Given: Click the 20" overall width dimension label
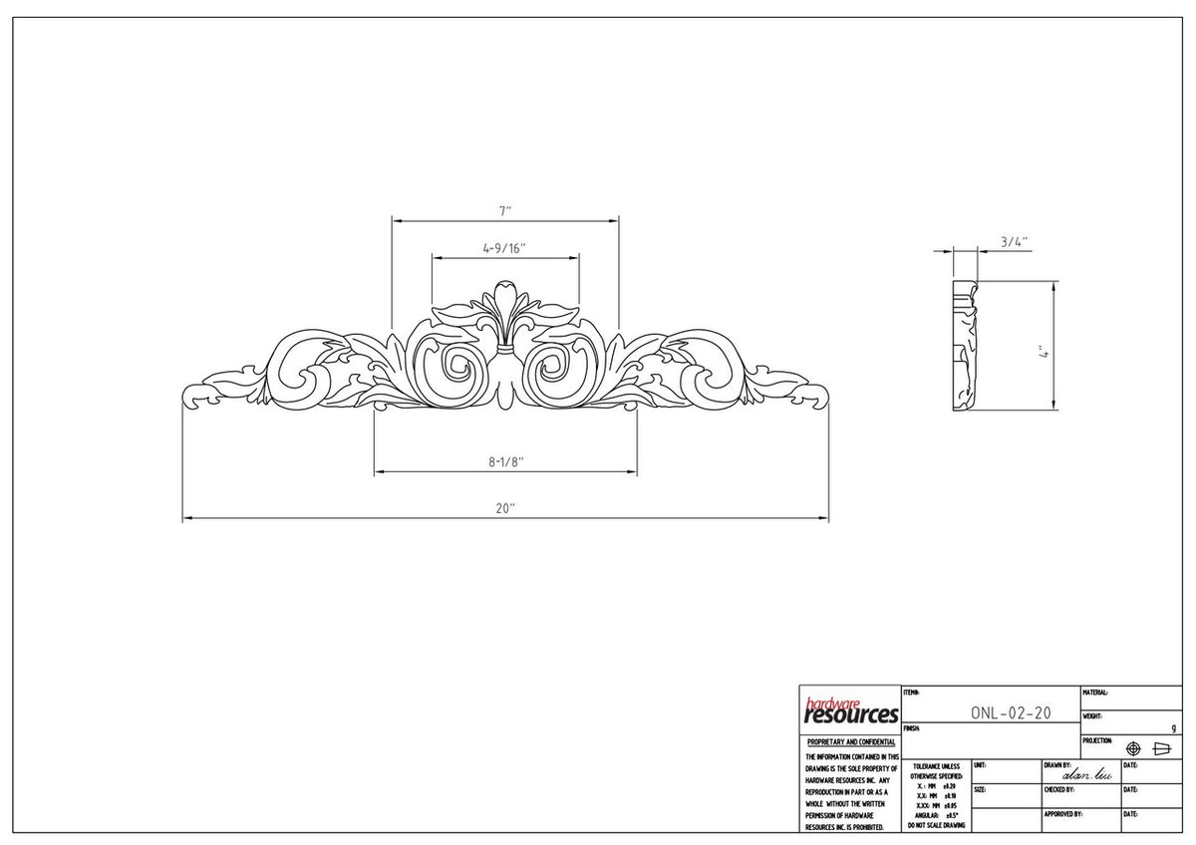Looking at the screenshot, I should (x=505, y=508).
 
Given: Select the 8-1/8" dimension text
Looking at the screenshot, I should (x=505, y=461).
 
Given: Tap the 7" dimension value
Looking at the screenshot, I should (x=505, y=211).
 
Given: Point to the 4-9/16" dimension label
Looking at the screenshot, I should (x=504, y=247).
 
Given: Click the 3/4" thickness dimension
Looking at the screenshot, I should (x=1014, y=241).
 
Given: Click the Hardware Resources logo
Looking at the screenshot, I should (x=850, y=710).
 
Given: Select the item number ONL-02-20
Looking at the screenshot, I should (x=1010, y=713).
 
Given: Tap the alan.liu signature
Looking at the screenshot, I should (x=1087, y=774).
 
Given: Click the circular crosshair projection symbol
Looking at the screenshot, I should (x=1133, y=748).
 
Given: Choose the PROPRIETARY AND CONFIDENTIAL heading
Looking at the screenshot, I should (x=850, y=742).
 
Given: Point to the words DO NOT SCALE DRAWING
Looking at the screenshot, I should (x=936, y=825).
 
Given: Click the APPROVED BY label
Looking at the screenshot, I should (x=1062, y=814).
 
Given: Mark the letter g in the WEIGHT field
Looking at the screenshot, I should (x=1173, y=728).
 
